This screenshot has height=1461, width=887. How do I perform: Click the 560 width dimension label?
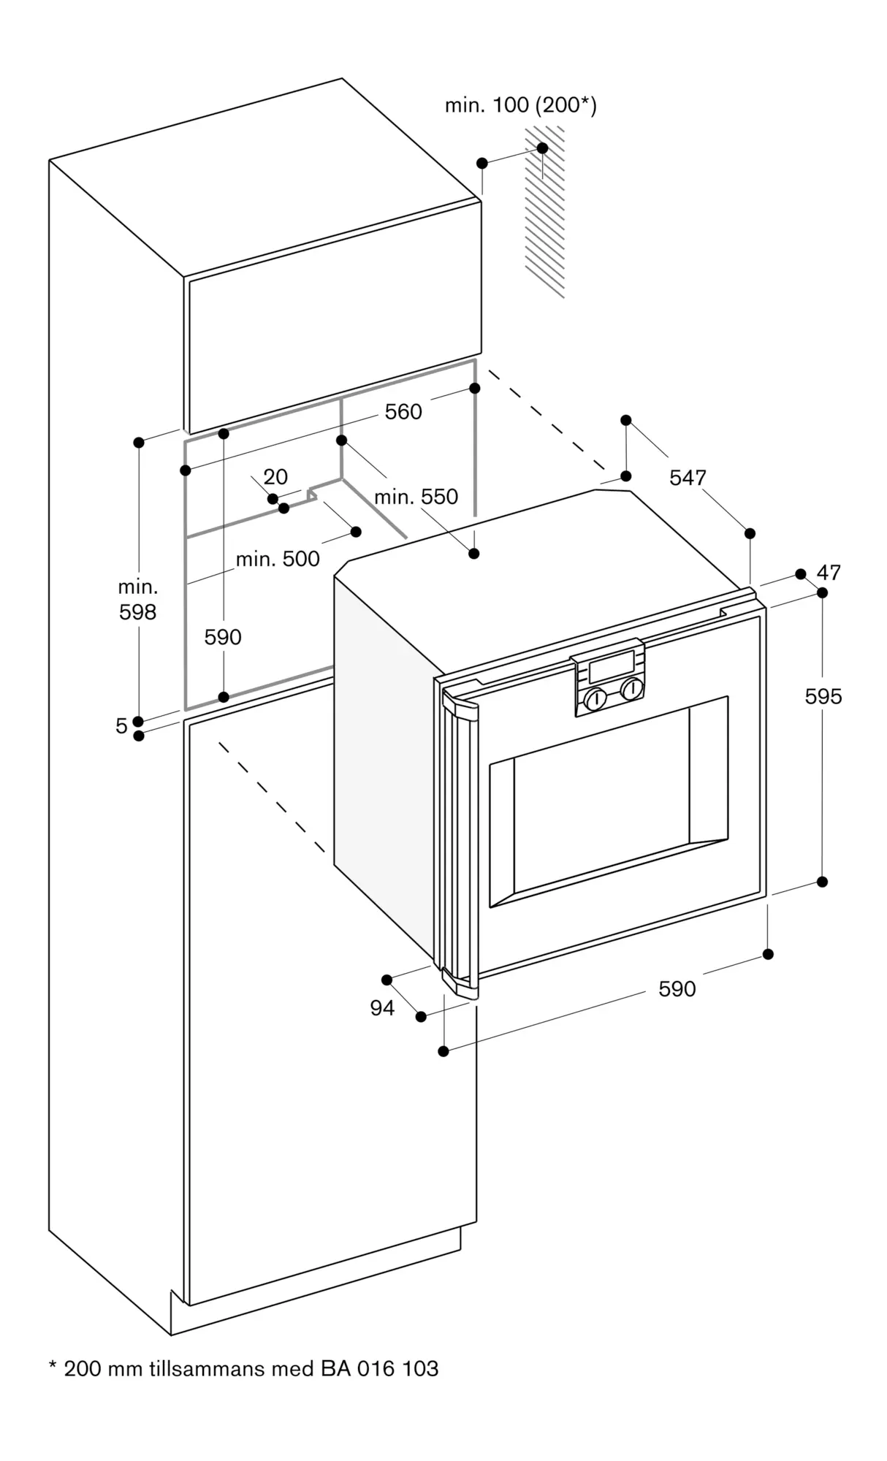(403, 412)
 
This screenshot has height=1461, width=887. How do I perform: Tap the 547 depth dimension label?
(688, 478)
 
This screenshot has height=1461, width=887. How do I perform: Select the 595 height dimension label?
(823, 697)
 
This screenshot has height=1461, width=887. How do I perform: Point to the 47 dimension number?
(829, 572)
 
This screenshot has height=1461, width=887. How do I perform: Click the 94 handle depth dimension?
(382, 1008)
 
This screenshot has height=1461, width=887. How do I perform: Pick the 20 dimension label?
(275, 477)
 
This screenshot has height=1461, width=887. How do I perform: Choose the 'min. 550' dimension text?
(416, 497)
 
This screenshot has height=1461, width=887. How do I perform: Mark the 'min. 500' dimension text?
(278, 559)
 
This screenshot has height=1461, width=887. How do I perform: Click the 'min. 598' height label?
(138, 600)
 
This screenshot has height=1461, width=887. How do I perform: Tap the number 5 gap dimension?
(121, 726)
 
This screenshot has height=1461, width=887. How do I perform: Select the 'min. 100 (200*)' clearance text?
(521, 106)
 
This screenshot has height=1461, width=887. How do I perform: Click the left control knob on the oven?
(595, 698)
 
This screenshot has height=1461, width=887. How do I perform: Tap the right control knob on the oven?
(632, 688)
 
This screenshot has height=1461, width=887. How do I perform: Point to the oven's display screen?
(612, 666)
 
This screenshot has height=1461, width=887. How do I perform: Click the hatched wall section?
(545, 212)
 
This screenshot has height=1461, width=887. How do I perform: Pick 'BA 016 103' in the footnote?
(379, 1368)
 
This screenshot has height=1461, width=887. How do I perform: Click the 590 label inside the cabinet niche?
(223, 638)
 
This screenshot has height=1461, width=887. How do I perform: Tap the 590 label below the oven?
(677, 989)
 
